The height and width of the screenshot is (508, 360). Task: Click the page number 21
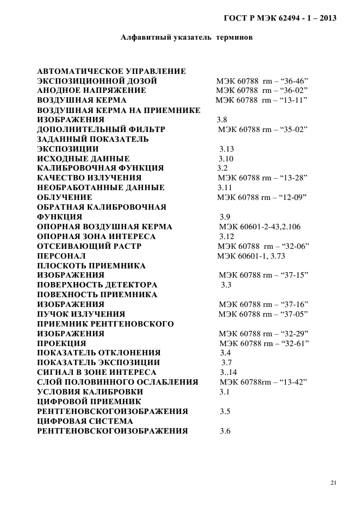pos(333,482)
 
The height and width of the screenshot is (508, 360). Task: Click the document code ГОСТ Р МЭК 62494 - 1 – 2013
pos(280,18)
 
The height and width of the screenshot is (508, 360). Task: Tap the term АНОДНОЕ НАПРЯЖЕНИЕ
pos(91,91)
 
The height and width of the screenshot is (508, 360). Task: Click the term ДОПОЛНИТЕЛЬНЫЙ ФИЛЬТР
pos(101,130)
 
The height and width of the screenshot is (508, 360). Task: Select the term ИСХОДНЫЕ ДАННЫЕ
pos(83,159)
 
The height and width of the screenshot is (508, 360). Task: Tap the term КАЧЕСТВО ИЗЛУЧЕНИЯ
pos(89,178)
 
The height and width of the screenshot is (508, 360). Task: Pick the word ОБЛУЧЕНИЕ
pos(64,197)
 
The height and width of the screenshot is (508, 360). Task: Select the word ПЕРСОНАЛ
pos(61,256)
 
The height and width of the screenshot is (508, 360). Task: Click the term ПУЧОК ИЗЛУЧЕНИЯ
pos(81,314)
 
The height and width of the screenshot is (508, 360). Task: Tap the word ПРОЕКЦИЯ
pos(61,343)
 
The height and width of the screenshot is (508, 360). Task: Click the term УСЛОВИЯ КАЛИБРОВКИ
pos(90,392)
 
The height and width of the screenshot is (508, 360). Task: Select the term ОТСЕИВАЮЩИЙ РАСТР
pos(89,246)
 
